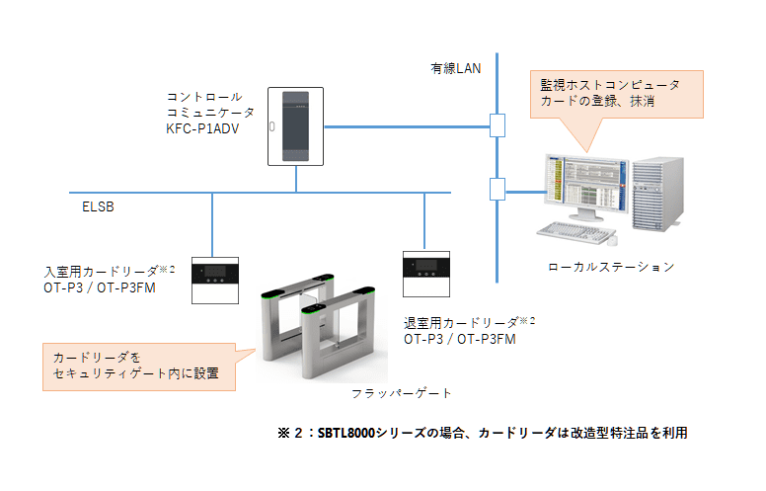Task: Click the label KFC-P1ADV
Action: tap(202, 128)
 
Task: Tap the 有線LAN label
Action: tap(455, 68)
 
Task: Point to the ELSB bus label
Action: tap(98, 206)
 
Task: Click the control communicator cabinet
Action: tap(295, 126)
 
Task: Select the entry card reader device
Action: tap(215, 281)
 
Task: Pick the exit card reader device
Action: tap(426, 275)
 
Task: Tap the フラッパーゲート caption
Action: tap(401, 393)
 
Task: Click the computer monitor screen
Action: tap(585, 184)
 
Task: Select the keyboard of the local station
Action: tap(575, 231)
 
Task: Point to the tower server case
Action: tap(657, 194)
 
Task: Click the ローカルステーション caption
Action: tap(611, 267)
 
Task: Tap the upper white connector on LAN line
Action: tap(498, 125)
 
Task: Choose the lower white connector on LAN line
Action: tap(498, 190)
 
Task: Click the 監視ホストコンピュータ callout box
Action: tap(617, 95)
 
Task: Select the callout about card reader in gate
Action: tap(139, 367)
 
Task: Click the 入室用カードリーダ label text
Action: tap(101, 271)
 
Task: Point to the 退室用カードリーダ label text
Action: tap(461, 323)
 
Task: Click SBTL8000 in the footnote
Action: tap(345, 433)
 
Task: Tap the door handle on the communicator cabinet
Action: tap(272, 126)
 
